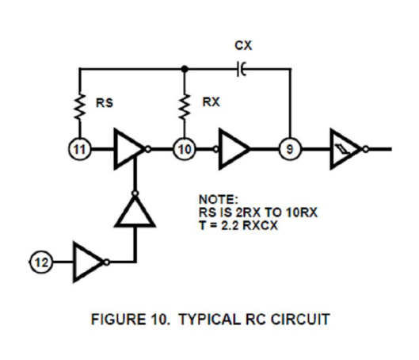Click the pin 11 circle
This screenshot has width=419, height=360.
80,149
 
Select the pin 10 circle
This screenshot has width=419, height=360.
184,149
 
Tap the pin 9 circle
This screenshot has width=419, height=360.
290,149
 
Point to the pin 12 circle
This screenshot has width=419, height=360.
41,262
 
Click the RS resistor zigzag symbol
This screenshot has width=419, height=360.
79,106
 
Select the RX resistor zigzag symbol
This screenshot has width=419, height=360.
184,106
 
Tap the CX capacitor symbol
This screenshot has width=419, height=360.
242,69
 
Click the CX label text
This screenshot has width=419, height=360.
243,45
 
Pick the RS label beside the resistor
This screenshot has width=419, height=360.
105,103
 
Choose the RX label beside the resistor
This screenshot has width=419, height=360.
211,102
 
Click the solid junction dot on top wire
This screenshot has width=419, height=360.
185,69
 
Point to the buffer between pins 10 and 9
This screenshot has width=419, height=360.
232,149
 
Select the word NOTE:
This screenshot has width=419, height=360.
219,200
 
